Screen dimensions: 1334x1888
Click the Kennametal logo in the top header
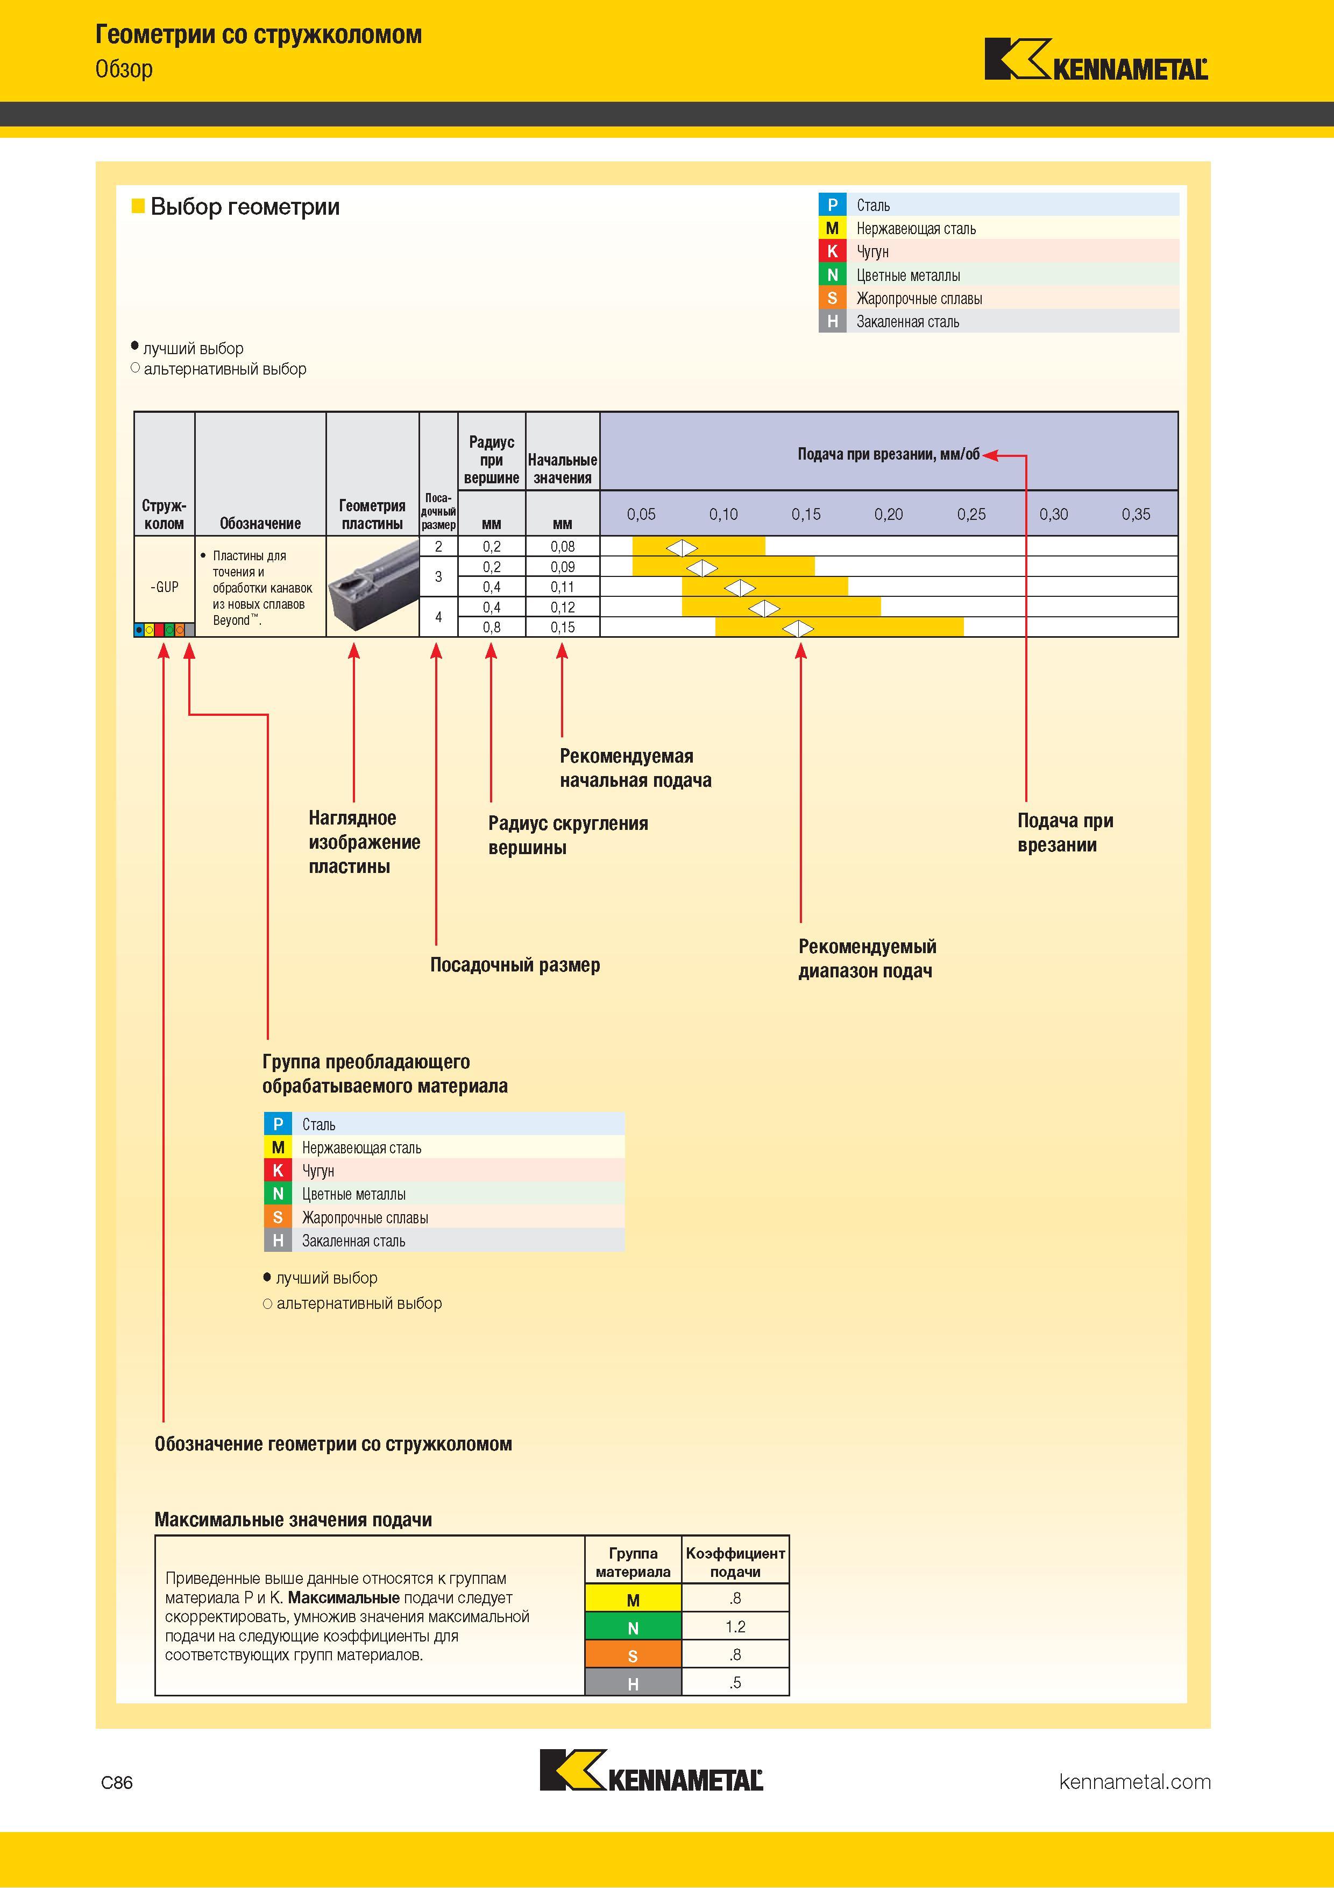coord(1096,59)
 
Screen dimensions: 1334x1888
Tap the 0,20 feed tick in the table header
coord(889,515)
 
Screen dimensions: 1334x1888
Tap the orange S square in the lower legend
coord(278,1217)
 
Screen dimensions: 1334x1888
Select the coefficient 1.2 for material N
coord(736,1626)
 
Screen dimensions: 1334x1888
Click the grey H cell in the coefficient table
coord(633,1682)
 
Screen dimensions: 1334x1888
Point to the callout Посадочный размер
coord(515,964)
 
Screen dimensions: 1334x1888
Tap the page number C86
coord(117,1782)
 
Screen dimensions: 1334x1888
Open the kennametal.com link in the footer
coord(1135,1782)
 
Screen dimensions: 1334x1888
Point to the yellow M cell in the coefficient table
coord(633,1598)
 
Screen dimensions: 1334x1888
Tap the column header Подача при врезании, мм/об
coord(889,454)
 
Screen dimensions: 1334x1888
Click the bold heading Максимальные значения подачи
coord(294,1520)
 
